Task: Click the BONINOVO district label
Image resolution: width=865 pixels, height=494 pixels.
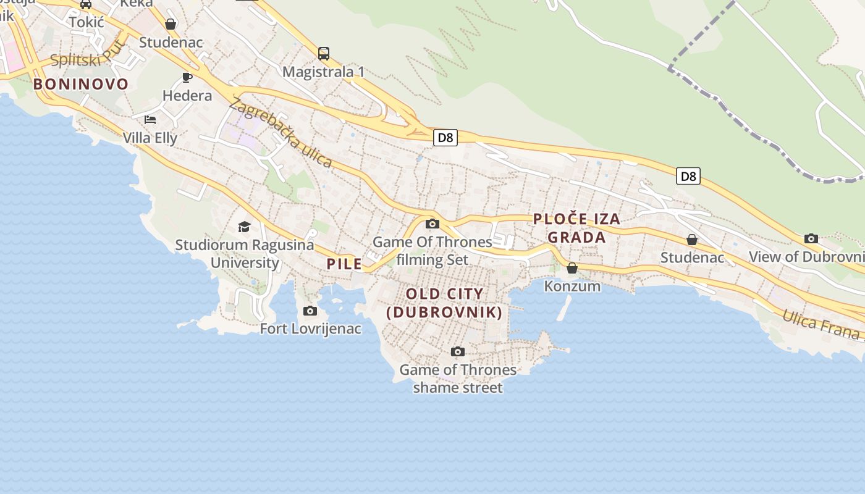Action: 81,84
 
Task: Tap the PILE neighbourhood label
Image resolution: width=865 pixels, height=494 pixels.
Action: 344,264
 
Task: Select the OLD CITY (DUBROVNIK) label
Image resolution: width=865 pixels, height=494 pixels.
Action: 444,303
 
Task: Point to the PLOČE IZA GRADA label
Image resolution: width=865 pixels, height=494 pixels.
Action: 576,228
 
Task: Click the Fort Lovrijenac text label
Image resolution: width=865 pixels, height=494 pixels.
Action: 310,329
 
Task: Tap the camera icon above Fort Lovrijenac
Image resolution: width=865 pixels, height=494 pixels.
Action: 310,311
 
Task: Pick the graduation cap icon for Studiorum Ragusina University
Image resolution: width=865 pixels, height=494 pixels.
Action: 244,227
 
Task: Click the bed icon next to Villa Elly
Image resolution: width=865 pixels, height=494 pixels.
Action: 150,119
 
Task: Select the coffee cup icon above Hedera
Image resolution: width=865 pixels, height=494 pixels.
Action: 187,77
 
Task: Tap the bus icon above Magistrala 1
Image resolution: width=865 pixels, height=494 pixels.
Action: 324,53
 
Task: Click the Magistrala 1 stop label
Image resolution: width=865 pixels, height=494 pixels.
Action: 323,72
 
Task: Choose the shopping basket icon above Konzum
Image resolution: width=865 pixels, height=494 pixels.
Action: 572,268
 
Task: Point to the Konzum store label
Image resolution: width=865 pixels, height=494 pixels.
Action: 572,286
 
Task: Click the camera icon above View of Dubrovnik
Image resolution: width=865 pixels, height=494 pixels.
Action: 811,238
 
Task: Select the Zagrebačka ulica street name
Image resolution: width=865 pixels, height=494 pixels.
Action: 281,133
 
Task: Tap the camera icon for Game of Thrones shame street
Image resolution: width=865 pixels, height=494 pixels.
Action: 458,351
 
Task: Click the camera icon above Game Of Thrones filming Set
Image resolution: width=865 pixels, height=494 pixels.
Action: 432,224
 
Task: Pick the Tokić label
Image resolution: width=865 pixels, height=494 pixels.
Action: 86,22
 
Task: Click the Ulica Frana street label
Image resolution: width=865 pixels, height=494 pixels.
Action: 821,325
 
